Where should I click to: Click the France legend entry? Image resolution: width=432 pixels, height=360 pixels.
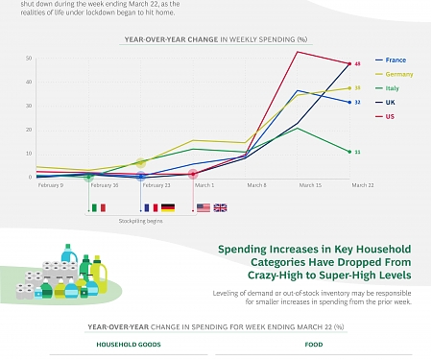pyautogui.click(x=396, y=60)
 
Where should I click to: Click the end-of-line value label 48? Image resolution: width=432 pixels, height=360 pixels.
pyautogui.click(x=357, y=63)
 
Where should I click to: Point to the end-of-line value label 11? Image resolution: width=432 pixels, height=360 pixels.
pyautogui.click(x=357, y=152)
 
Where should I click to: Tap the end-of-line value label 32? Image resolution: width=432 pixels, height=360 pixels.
pyautogui.click(x=357, y=102)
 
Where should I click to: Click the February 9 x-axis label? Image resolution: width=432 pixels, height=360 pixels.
pyautogui.click(x=50, y=184)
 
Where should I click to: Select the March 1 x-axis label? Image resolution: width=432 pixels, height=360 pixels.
pyautogui.click(x=205, y=184)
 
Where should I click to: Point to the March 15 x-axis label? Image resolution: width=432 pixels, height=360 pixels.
pyautogui.click(x=310, y=184)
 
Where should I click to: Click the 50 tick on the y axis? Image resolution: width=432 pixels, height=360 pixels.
pyautogui.click(x=29, y=58)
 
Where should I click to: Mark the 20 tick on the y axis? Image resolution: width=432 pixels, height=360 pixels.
pyautogui.click(x=29, y=130)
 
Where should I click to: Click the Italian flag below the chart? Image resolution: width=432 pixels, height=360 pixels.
pyautogui.click(x=97, y=207)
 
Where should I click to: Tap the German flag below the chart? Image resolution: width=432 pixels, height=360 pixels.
pyautogui.click(x=167, y=207)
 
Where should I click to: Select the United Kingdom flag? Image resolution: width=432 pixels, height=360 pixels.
pyautogui.click(x=220, y=207)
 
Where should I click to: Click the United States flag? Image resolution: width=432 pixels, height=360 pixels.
pyautogui.click(x=203, y=207)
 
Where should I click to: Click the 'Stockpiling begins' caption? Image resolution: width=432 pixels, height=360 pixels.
pyautogui.click(x=140, y=221)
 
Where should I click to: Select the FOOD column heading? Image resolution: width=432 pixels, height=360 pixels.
pyautogui.click(x=314, y=343)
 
